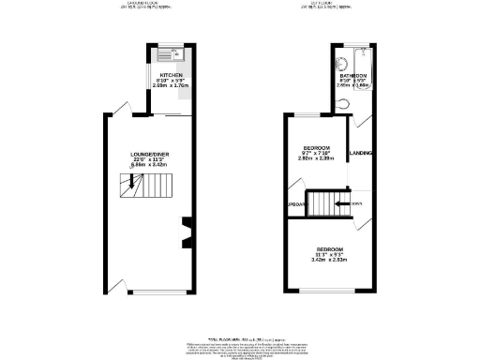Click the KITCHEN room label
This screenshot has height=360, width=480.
170,73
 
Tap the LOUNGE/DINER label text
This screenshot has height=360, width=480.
149,154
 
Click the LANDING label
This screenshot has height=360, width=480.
360,153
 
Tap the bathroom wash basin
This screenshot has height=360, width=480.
344,52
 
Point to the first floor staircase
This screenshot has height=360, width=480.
329,202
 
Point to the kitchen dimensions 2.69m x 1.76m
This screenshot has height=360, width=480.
170,86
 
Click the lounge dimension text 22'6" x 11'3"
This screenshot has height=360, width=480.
149,160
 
